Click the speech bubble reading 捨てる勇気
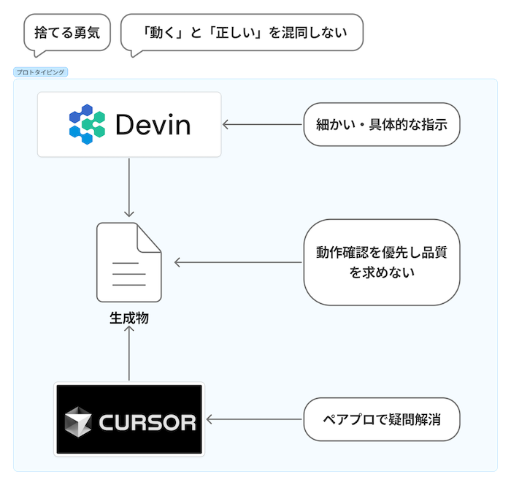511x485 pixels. pos(66,33)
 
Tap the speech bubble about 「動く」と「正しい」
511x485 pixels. pos(242,33)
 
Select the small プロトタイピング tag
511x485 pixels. pos(41,72)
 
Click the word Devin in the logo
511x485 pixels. pos(153,125)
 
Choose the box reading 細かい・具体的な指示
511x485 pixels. pos(381,125)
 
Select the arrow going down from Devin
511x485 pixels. pos(129,186)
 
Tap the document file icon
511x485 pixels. pos(129,262)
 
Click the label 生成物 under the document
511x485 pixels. pos(129,318)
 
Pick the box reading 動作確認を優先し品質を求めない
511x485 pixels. pos(381,262)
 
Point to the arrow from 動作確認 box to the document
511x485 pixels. pos(238,262)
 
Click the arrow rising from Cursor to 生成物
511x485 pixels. pos(129,354)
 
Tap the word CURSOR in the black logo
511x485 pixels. pos(147,422)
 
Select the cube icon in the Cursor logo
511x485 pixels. pos(78,421)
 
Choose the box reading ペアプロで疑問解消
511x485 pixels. pos(381,419)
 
